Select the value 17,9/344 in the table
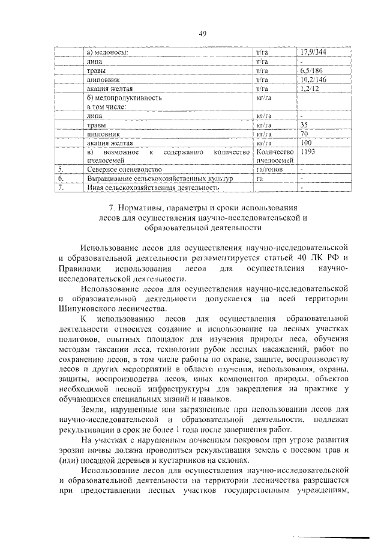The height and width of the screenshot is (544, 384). [314, 53]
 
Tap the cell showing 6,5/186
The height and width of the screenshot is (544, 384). [311, 70]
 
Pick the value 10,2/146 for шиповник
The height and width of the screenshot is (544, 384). [314, 79]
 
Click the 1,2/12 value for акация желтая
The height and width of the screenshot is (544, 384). [309, 88]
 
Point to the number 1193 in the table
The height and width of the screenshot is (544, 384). [308, 153]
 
